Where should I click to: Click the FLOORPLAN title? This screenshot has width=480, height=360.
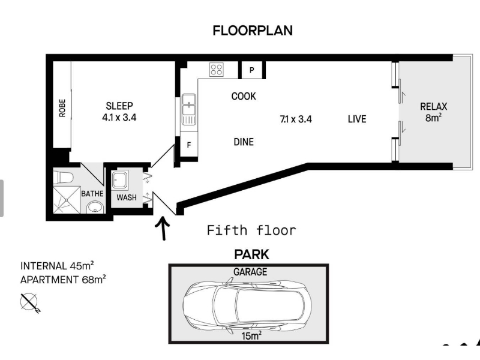(x=253, y=31)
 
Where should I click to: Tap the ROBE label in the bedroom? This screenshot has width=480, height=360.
(x=62, y=108)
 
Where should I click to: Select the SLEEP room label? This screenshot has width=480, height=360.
(x=119, y=106)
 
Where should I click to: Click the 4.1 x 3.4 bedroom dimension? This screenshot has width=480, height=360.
(x=119, y=117)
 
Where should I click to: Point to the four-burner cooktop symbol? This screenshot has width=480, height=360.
(x=217, y=70)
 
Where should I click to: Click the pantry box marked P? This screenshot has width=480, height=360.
(x=251, y=70)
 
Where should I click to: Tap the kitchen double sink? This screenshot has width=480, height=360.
(x=189, y=109)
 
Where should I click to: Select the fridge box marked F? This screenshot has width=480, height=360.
(x=189, y=145)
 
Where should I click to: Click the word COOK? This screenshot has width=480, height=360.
(x=244, y=96)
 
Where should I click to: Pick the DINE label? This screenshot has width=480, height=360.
(x=244, y=142)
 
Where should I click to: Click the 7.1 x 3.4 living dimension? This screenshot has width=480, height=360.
(x=296, y=119)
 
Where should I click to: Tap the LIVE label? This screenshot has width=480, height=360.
(x=357, y=119)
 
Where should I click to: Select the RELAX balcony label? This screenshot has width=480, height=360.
(x=433, y=107)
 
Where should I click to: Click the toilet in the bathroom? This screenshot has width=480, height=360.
(x=64, y=177)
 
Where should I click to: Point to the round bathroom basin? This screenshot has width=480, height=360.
(x=95, y=208)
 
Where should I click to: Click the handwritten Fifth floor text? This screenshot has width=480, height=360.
(x=251, y=230)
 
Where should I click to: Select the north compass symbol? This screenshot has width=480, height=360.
(x=29, y=302)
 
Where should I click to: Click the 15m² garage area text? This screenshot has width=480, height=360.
(x=251, y=335)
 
